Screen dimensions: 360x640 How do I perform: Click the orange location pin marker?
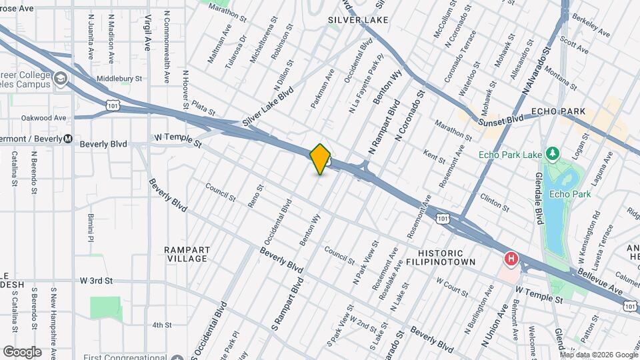321,159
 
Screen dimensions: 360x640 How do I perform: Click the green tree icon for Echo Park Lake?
552,155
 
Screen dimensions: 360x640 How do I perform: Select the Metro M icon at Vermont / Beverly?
67,139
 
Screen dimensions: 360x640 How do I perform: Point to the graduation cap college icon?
61,80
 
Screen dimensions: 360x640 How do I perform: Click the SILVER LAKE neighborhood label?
358,20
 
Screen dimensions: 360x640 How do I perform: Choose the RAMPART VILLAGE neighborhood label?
187,254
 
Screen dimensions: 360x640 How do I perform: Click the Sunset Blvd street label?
500,119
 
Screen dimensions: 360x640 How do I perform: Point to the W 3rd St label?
97,281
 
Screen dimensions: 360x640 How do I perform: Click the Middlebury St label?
119,78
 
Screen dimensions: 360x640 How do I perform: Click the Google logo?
22,351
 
